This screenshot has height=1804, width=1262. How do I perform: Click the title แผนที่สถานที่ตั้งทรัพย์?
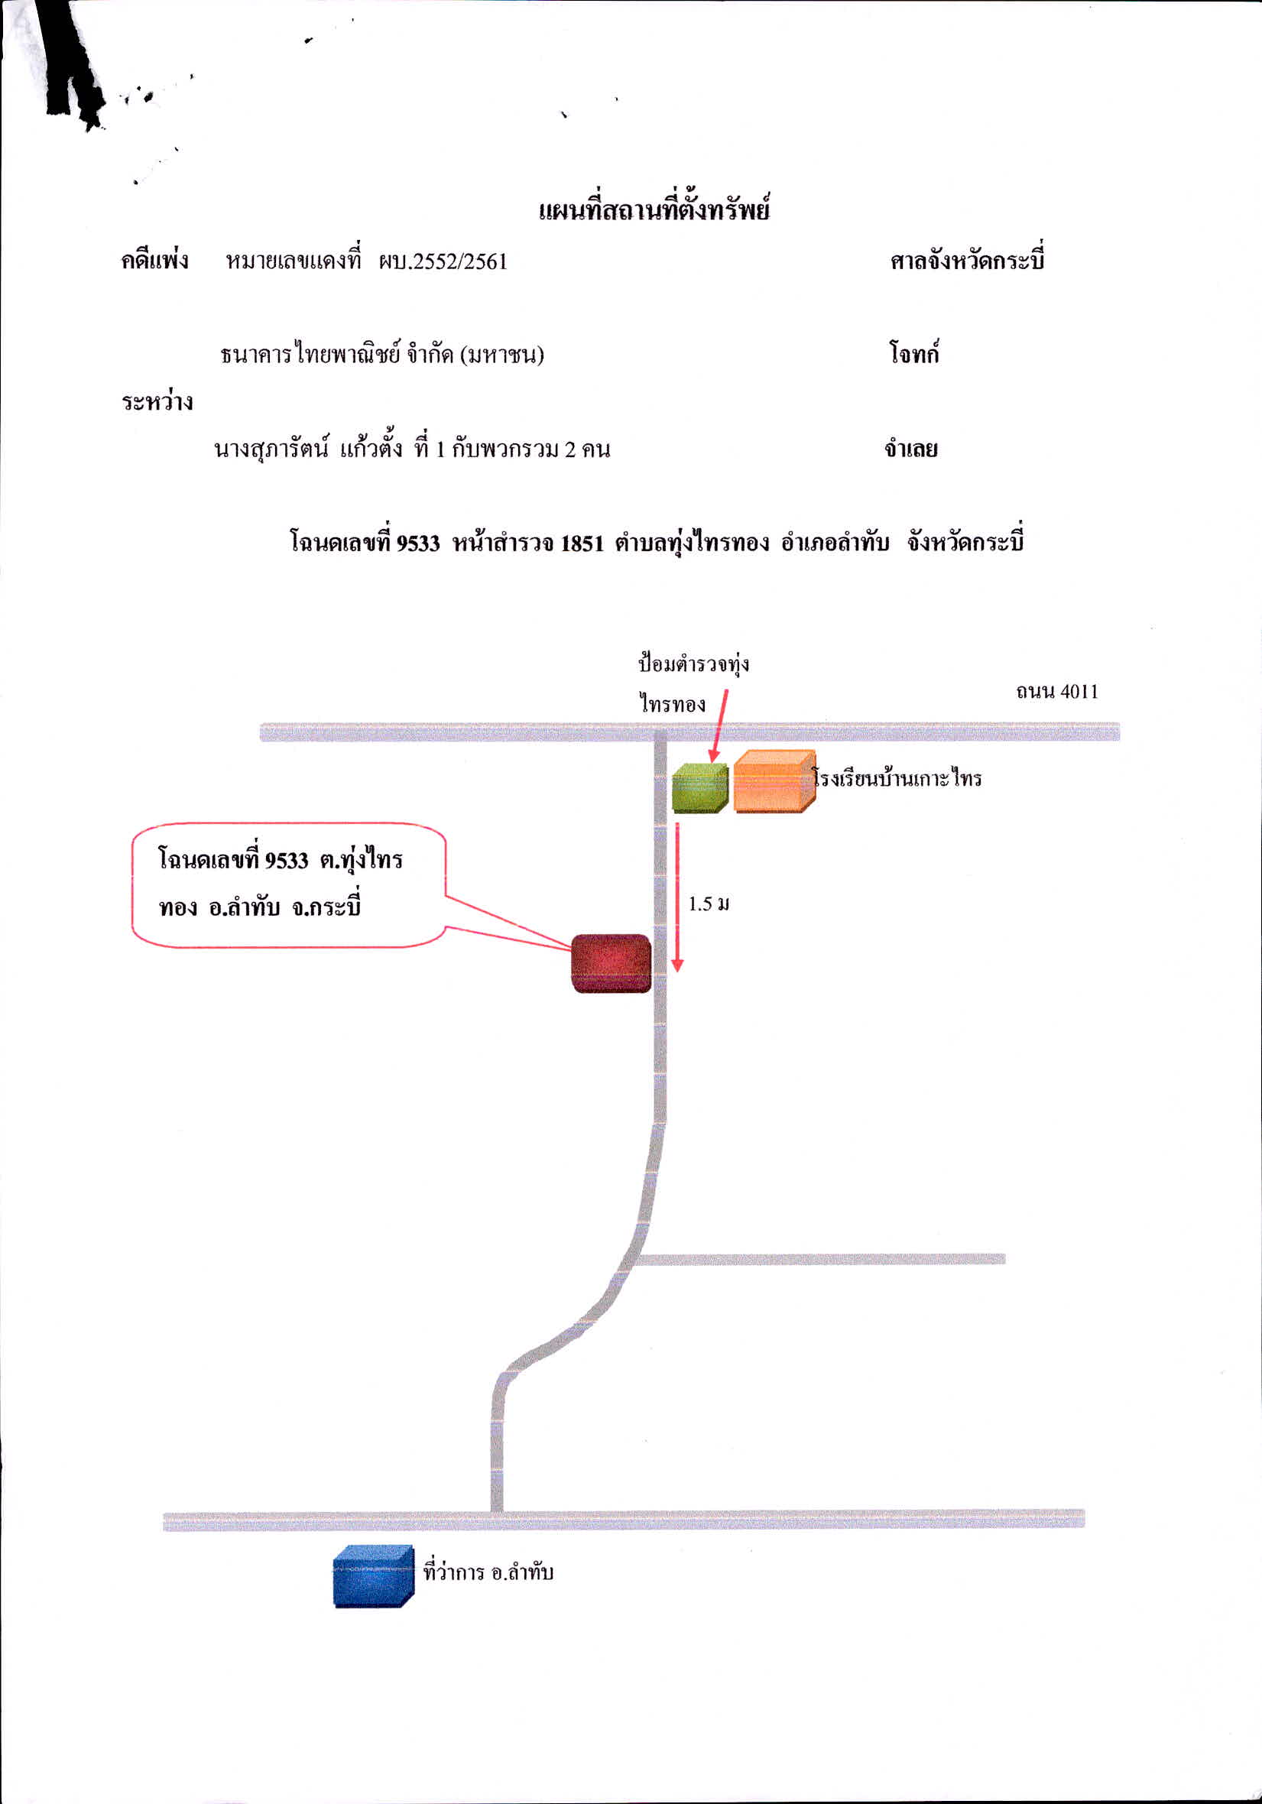pyautogui.click(x=654, y=209)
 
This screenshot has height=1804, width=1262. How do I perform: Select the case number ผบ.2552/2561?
pyautogui.click(x=443, y=261)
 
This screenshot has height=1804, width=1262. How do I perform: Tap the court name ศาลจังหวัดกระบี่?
pyautogui.click(x=967, y=260)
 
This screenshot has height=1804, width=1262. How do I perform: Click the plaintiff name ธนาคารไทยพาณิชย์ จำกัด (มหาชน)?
pyautogui.click(x=382, y=355)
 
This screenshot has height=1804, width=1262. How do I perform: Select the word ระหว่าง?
pyautogui.click(x=157, y=401)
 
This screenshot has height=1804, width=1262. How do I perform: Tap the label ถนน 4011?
pyautogui.click(x=1057, y=692)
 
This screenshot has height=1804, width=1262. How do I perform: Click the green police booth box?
pyautogui.click(x=699, y=787)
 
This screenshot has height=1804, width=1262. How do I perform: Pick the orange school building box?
pyautogui.click(x=774, y=781)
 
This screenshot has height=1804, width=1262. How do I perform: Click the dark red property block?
pyautogui.click(x=612, y=963)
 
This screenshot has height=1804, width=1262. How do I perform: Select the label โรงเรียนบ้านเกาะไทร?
pyautogui.click(x=897, y=779)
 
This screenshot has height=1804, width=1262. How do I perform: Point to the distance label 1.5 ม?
pyautogui.click(x=709, y=904)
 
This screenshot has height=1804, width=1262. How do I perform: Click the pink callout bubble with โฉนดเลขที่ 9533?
pyautogui.click(x=287, y=884)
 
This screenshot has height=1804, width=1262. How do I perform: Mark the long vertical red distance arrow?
pyautogui.click(x=677, y=897)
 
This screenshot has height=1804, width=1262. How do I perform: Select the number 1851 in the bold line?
pyautogui.click(x=582, y=543)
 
